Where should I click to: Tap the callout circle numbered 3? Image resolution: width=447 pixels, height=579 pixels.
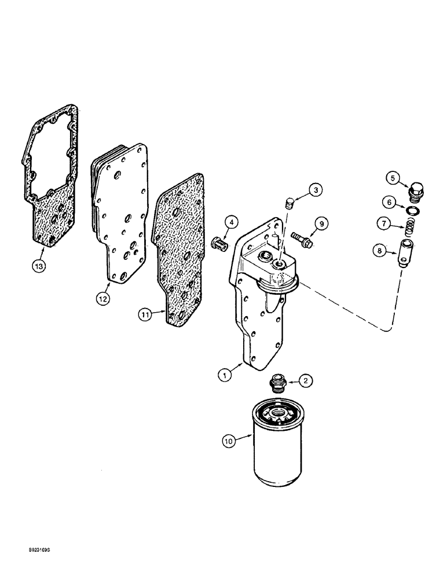316,189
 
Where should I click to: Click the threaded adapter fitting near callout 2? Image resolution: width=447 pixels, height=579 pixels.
279,385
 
